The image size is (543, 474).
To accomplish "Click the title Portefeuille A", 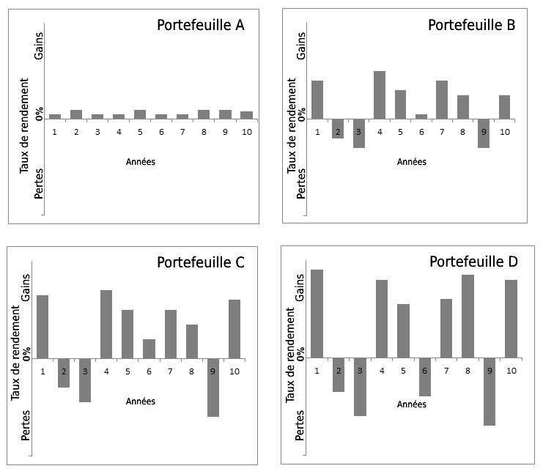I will [201, 25].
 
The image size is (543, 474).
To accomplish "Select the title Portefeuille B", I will [472, 25].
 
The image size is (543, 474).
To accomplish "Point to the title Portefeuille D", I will [473, 262].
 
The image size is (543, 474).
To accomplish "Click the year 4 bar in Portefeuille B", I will [380, 95].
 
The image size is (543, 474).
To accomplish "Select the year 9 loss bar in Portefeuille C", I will [213, 388].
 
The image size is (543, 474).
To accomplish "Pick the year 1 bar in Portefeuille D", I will [317, 314].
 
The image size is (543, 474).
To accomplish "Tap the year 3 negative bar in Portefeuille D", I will [360, 387].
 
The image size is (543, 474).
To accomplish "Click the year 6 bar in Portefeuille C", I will [149, 349].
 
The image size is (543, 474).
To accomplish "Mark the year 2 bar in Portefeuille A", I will [76, 114].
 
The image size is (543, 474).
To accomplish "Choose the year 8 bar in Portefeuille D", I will [468, 316].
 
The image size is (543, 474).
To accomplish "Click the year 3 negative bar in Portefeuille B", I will [358, 133].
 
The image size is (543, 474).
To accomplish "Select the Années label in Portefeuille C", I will [141, 401].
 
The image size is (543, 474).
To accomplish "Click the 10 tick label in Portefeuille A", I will [246, 132].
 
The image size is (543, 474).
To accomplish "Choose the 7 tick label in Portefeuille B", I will [442, 132].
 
